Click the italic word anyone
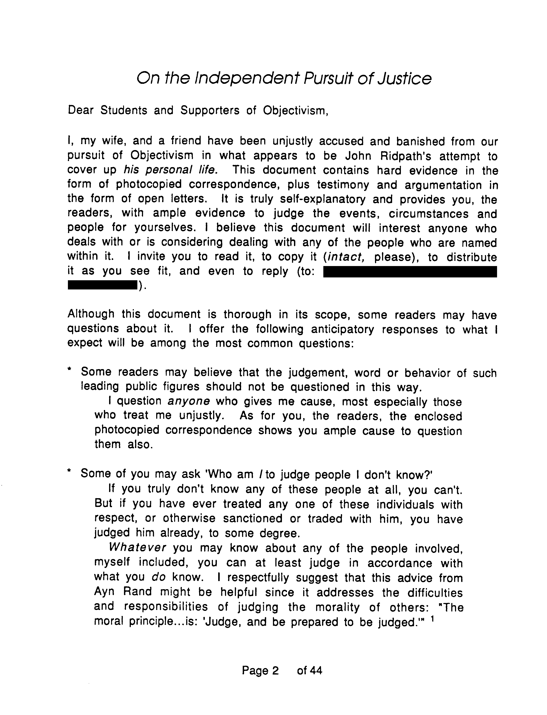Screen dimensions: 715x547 pyautogui.click(x=189, y=401)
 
